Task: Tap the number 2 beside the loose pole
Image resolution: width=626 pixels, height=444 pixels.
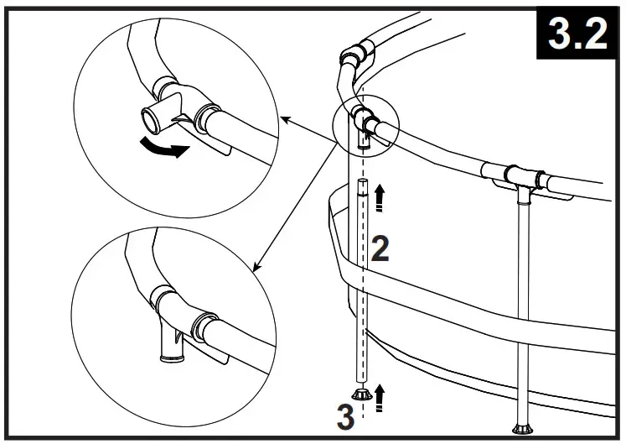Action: coord(380,249)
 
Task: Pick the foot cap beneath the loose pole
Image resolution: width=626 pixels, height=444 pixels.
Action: coord(363,396)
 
